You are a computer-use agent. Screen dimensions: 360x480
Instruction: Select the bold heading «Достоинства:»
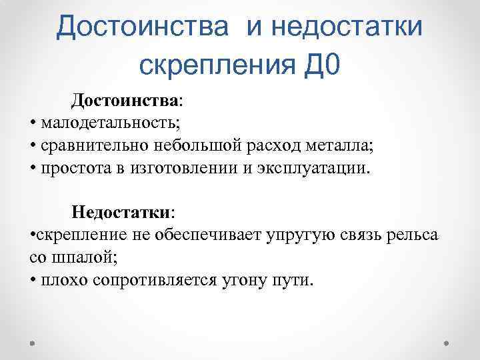pos(127,100)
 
